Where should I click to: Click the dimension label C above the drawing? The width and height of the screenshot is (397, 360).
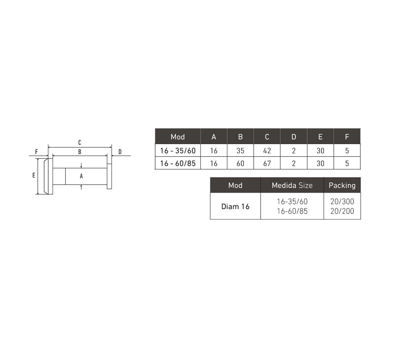coord(79,142)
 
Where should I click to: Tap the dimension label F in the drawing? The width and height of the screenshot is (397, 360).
coord(36,152)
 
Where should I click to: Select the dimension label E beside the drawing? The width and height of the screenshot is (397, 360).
coord(34,175)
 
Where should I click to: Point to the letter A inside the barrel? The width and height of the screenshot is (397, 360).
coord(81,176)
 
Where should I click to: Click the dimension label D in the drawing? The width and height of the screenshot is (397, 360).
coord(120,152)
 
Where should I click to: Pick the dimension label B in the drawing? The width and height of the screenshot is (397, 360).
coord(80,152)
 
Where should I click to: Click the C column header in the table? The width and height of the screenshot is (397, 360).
coord(267,137)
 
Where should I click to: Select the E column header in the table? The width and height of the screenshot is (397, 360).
coord(320,137)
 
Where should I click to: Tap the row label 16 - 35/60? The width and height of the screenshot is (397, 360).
coord(178,151)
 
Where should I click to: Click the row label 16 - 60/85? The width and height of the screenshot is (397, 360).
coord(178,163)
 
